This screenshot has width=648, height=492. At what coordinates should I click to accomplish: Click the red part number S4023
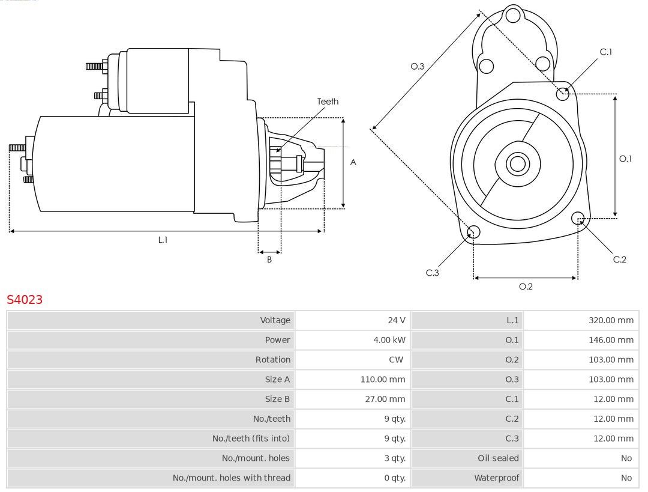click(25, 299)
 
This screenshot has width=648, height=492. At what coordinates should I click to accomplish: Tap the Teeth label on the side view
click(328, 102)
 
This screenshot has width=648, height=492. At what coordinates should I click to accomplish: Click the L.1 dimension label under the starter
click(163, 240)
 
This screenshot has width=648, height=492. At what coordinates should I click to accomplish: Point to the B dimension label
click(269, 260)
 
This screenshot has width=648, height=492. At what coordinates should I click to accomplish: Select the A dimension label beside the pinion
click(353, 162)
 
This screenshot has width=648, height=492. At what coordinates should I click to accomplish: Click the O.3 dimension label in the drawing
click(418, 66)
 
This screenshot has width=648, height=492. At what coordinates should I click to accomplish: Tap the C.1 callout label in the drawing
click(606, 52)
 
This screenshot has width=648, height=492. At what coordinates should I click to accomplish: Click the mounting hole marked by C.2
click(578, 217)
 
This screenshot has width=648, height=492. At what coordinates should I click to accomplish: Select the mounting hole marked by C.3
click(473, 232)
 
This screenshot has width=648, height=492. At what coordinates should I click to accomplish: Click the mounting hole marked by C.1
click(562, 94)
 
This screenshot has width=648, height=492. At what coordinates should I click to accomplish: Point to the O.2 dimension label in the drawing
click(526, 287)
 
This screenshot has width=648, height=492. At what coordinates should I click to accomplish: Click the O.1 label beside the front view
click(625, 159)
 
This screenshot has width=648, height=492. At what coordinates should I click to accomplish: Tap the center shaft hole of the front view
click(518, 163)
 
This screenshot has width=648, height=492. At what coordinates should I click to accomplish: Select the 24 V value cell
click(397, 320)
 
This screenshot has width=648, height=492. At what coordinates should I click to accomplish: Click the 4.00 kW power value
click(389, 340)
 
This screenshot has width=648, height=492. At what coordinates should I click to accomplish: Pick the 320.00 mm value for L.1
click(611, 320)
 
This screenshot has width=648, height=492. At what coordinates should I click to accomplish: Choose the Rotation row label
click(273, 360)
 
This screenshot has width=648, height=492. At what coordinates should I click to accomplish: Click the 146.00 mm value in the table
click(611, 340)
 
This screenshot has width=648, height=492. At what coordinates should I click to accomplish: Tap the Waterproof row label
click(496, 478)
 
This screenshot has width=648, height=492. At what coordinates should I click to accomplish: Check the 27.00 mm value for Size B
click(385, 399)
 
